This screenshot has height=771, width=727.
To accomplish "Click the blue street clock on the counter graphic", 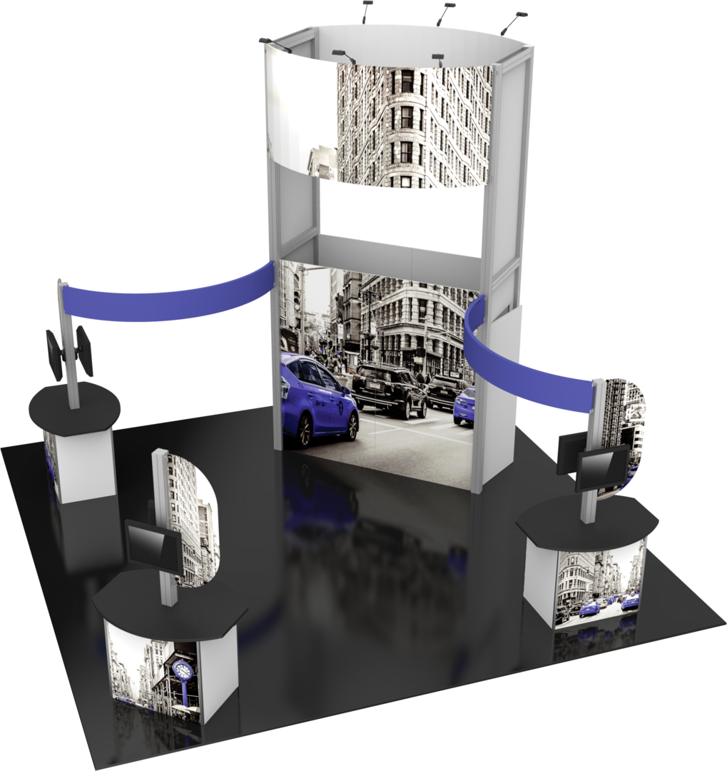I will point(183,672).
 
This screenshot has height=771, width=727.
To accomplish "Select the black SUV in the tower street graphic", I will point(389,390).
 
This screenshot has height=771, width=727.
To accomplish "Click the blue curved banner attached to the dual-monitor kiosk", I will point(171,296).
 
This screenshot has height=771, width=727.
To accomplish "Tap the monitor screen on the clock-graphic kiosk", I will point(151,547).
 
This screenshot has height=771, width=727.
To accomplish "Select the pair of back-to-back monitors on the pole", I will point(69,352).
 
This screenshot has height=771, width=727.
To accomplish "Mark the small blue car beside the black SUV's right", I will point(464,405).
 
